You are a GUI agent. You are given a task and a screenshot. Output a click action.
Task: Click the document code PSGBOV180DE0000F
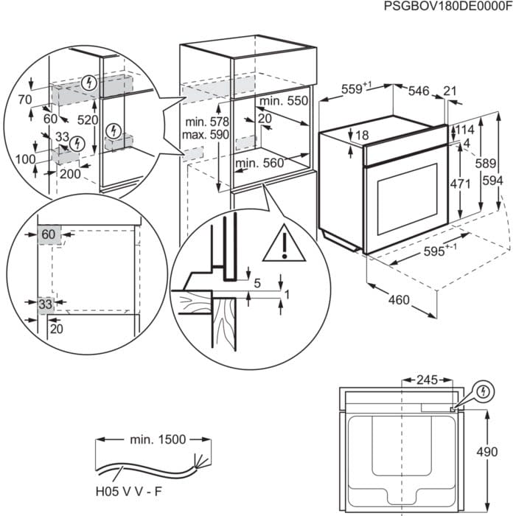coord(447,7)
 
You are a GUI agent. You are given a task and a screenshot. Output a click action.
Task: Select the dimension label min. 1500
coord(157,440)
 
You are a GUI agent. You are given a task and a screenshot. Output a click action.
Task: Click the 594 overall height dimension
coord(501,181)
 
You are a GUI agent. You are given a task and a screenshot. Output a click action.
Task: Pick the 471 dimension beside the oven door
coord(461,184)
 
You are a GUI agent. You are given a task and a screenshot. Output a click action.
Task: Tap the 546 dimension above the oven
coord(418,91)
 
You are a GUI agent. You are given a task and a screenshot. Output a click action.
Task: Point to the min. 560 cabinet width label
coord(259,164)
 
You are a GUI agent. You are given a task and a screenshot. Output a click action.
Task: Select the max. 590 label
coord(208,135)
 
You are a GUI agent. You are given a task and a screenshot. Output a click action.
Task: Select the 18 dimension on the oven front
coord(362,136)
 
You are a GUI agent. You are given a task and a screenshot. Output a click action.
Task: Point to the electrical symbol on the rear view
coord(483,391)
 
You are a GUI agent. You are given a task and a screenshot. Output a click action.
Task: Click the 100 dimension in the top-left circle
coord(26,158)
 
